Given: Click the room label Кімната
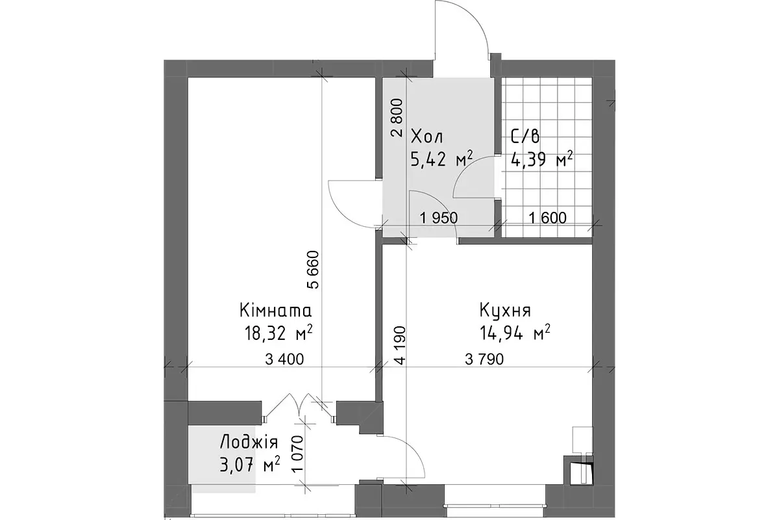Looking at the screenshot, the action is point(275,311).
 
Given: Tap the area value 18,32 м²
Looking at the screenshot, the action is point(278,333).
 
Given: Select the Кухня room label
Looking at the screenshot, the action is point(505,311).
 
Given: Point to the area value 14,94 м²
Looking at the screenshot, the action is point(515,333).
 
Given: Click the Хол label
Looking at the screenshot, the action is point(427,137).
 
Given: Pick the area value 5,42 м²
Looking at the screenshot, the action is point(441,159).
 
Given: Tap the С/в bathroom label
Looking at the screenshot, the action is point(525,136).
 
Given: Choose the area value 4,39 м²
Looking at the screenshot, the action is point(541,159).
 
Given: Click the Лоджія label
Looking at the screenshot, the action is point(249,443).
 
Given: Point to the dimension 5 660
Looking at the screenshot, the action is point(313,269).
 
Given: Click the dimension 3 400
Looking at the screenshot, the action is point(284,359).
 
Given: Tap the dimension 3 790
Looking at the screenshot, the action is point(484,359).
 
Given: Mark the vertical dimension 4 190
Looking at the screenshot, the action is point(400,345).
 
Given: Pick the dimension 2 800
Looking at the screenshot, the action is point(397,118).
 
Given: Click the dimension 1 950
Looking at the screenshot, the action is point(439,218).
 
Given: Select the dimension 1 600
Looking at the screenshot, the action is point(548,218).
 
